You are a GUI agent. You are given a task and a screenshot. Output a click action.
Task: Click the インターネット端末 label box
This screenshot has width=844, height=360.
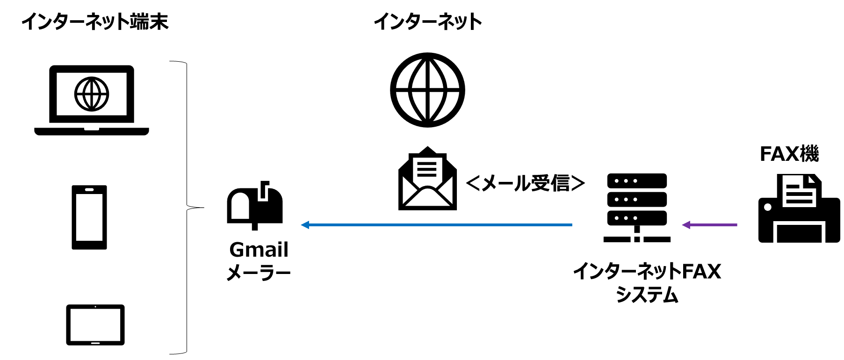point(95,21)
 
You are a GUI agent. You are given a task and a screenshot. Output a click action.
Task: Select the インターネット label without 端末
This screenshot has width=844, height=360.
point(427,21)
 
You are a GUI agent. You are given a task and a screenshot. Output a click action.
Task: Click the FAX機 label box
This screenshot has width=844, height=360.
point(789,153)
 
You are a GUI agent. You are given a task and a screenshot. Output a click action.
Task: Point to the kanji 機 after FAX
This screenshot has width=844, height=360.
point(808,153)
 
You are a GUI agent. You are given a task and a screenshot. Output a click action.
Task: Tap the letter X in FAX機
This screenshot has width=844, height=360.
point(791,154)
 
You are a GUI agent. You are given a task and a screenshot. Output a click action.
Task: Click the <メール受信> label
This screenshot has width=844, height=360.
point(526,183)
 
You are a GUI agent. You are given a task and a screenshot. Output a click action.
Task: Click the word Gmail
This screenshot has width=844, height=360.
point(259,250)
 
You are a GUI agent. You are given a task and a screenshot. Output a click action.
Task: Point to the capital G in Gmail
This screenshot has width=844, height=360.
point(237,250)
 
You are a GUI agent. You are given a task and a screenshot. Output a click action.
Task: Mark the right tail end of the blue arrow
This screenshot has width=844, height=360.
point(571,225)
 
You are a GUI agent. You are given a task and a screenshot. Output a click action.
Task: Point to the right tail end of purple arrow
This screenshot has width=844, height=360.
point(736,225)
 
